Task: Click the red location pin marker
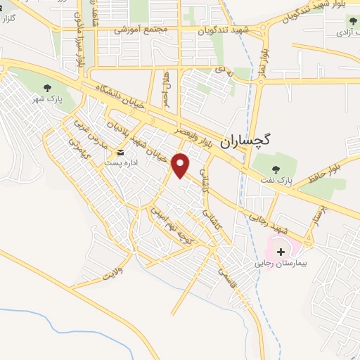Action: pyautogui.click(x=181, y=165)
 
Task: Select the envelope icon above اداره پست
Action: pyautogui.click(x=120, y=153)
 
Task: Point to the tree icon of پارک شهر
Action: pyautogui.click(x=48, y=89)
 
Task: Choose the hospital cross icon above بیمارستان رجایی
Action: pyautogui.click(x=281, y=250)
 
